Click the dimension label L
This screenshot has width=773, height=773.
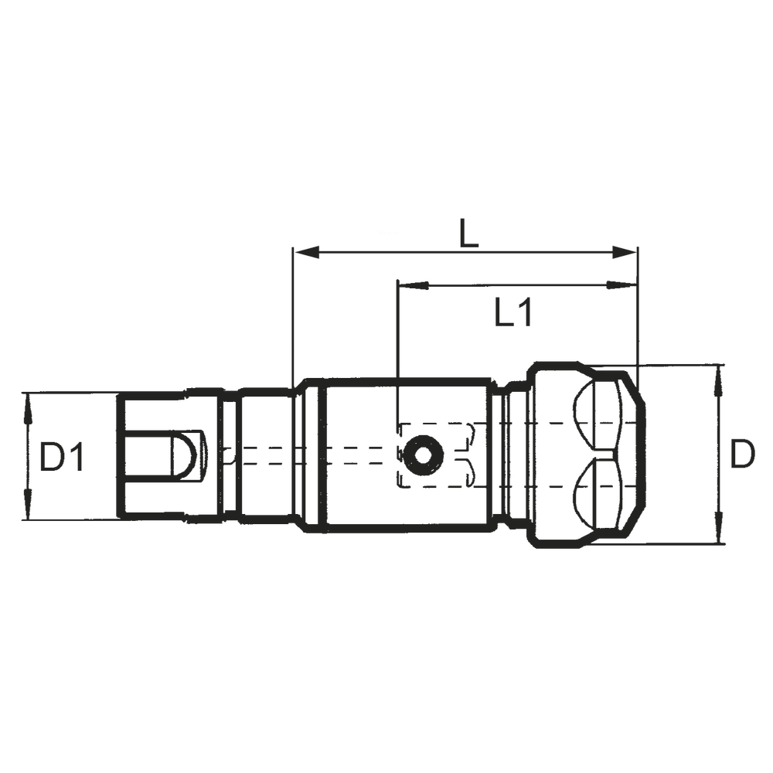[x=468, y=233]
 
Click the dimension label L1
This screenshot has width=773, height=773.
[x=513, y=313]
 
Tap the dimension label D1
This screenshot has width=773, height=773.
[x=61, y=457]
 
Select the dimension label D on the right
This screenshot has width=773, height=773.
[x=743, y=456]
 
